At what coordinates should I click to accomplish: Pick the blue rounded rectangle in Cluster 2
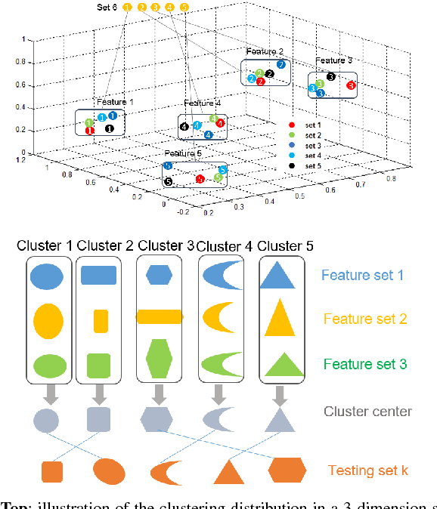point(98,275)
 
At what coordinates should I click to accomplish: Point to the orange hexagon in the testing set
point(287,470)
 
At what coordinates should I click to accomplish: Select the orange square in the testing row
point(51,471)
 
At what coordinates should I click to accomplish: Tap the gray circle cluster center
point(45,418)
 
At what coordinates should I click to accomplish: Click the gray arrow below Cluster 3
point(159,393)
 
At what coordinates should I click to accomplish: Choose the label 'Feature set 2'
point(364,319)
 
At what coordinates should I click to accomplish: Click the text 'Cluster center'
point(367,412)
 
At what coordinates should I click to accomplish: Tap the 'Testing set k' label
point(367,470)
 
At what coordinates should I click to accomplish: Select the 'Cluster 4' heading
point(225,246)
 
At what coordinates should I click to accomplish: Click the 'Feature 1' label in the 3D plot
point(115,101)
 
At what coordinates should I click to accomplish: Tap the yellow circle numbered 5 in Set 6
point(184,8)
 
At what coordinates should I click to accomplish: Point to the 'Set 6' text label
point(107,8)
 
